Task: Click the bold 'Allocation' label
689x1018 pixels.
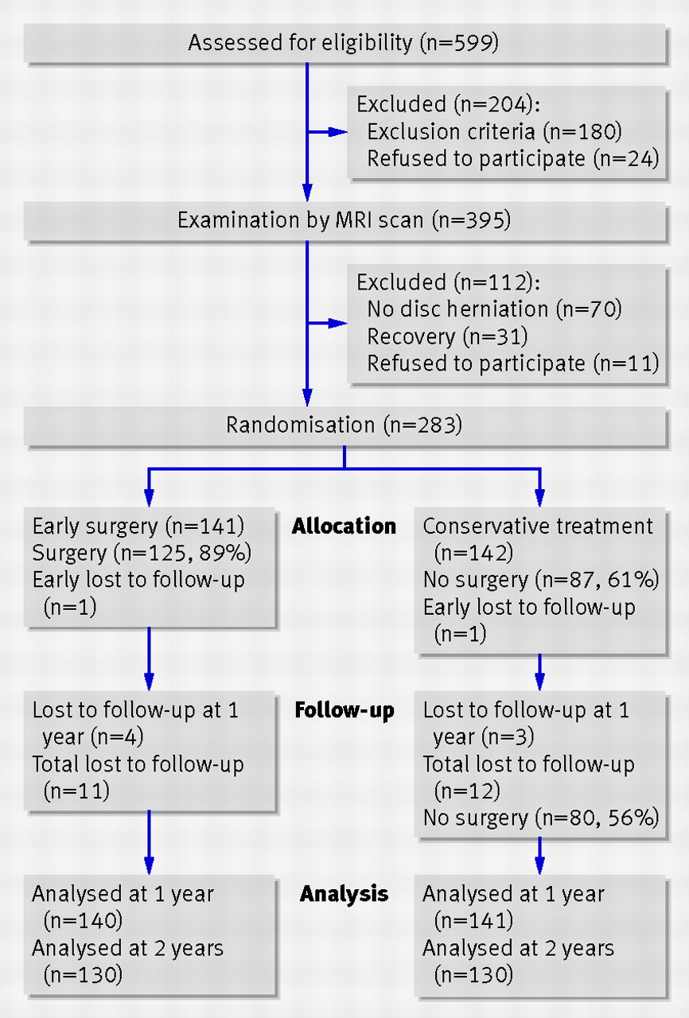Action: coord(344,526)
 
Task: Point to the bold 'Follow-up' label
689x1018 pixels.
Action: coord(344,710)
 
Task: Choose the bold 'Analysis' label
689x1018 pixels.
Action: coord(344,894)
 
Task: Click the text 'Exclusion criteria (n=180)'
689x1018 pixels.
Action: coord(494,132)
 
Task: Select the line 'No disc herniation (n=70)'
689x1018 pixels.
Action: coord(494,309)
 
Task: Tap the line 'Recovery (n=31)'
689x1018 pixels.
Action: coord(447,336)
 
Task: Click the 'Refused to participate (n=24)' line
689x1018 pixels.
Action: coord(512,159)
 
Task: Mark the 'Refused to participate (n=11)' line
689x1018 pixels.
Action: coord(512,363)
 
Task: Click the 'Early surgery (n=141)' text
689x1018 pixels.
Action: coord(138,526)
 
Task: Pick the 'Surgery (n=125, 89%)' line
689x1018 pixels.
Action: coord(142,553)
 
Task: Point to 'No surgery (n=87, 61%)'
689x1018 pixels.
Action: coord(541,581)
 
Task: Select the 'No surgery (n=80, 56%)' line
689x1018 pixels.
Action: coord(541,818)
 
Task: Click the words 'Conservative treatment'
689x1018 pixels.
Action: coord(538,526)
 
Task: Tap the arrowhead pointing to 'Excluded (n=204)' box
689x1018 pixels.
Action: coord(338,132)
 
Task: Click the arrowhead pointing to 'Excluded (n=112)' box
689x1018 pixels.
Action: coord(338,324)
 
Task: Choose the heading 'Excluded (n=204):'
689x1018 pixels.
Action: coord(448,104)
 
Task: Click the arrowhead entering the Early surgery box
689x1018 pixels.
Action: coord(149,498)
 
